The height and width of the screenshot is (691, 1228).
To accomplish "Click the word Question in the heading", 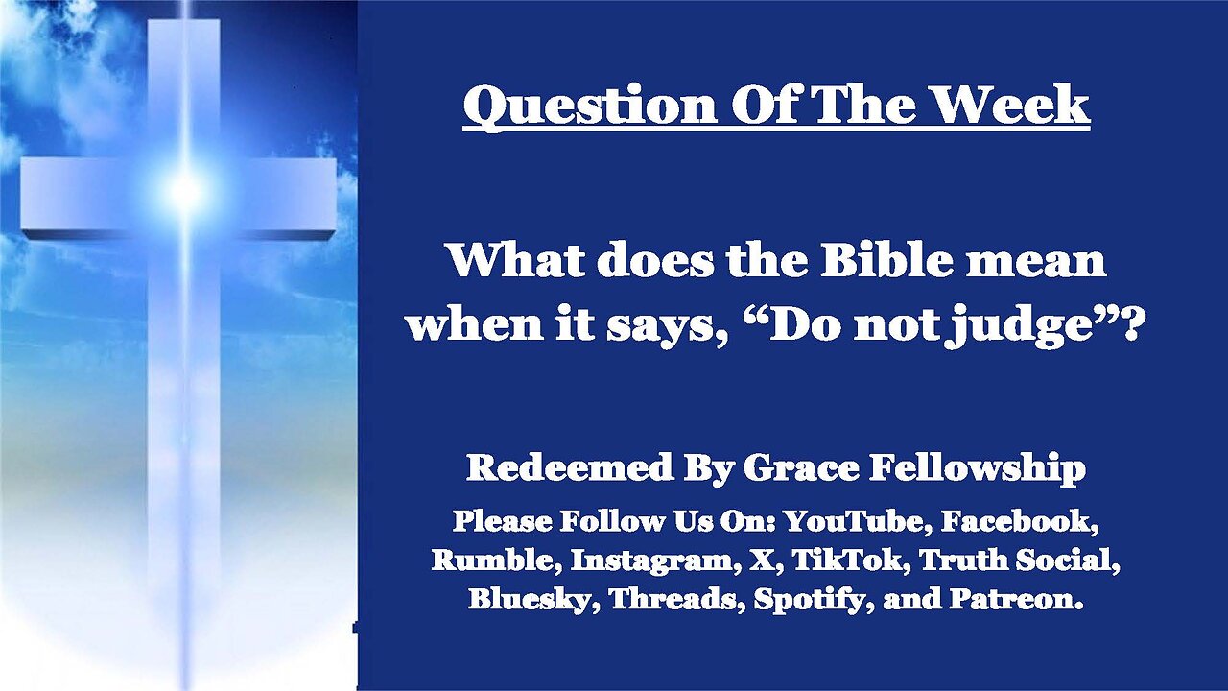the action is coord(589,106).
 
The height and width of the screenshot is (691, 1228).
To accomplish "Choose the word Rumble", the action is coord(497,560).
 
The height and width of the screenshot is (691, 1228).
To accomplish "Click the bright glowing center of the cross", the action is coord(185,189).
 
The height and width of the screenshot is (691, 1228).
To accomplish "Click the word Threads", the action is coord(678,599).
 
